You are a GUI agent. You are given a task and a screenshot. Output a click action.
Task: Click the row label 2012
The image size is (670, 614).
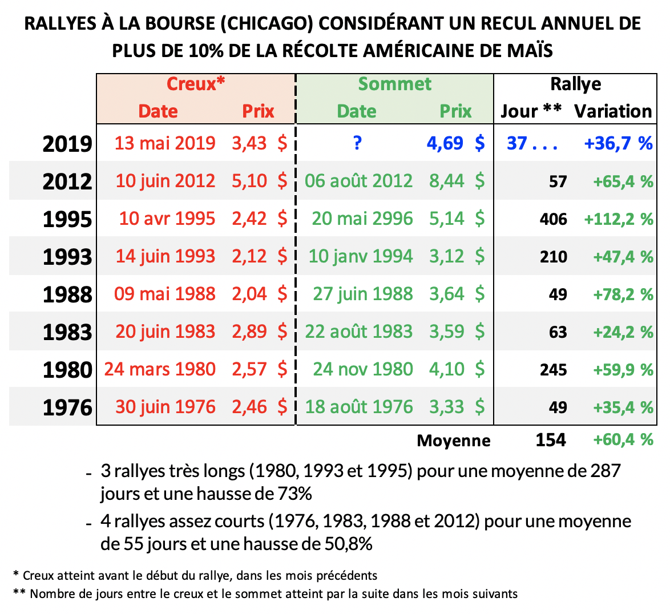click(67, 181)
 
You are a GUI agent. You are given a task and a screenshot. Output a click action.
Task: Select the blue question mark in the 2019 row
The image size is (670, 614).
click(357, 143)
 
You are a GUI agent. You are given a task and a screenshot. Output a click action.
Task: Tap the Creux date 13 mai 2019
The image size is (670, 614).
click(165, 143)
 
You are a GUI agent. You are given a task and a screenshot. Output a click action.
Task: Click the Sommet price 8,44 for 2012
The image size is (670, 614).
click(447, 181)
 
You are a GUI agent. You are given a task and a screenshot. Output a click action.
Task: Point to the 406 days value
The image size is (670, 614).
click(553, 219)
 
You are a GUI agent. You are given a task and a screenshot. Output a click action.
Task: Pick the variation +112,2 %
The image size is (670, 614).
click(618, 219)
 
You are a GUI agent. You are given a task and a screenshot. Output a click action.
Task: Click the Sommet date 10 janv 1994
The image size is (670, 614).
click(361, 256)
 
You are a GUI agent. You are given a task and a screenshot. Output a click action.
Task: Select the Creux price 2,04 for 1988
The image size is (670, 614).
click(249, 294)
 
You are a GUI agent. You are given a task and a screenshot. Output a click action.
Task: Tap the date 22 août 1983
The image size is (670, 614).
click(358, 332)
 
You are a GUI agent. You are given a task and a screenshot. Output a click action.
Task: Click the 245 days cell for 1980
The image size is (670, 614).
click(553, 370)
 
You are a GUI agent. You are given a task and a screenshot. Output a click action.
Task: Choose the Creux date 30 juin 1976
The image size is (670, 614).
click(166, 407)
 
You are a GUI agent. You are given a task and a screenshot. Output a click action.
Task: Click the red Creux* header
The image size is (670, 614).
click(196, 84)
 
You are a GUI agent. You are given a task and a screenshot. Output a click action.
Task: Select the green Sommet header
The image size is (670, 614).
click(394, 84)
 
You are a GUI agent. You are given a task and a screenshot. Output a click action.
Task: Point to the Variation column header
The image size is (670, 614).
click(613, 111)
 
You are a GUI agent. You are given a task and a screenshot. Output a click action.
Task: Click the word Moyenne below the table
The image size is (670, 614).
click(454, 441)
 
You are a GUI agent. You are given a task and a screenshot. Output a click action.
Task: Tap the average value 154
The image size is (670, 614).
click(551, 440)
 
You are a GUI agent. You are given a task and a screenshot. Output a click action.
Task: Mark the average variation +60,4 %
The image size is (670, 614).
click(623, 440)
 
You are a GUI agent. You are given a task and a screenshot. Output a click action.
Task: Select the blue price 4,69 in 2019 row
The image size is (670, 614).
click(445, 143)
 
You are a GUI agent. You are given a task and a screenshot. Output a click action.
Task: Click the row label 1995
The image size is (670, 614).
click(67, 219)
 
